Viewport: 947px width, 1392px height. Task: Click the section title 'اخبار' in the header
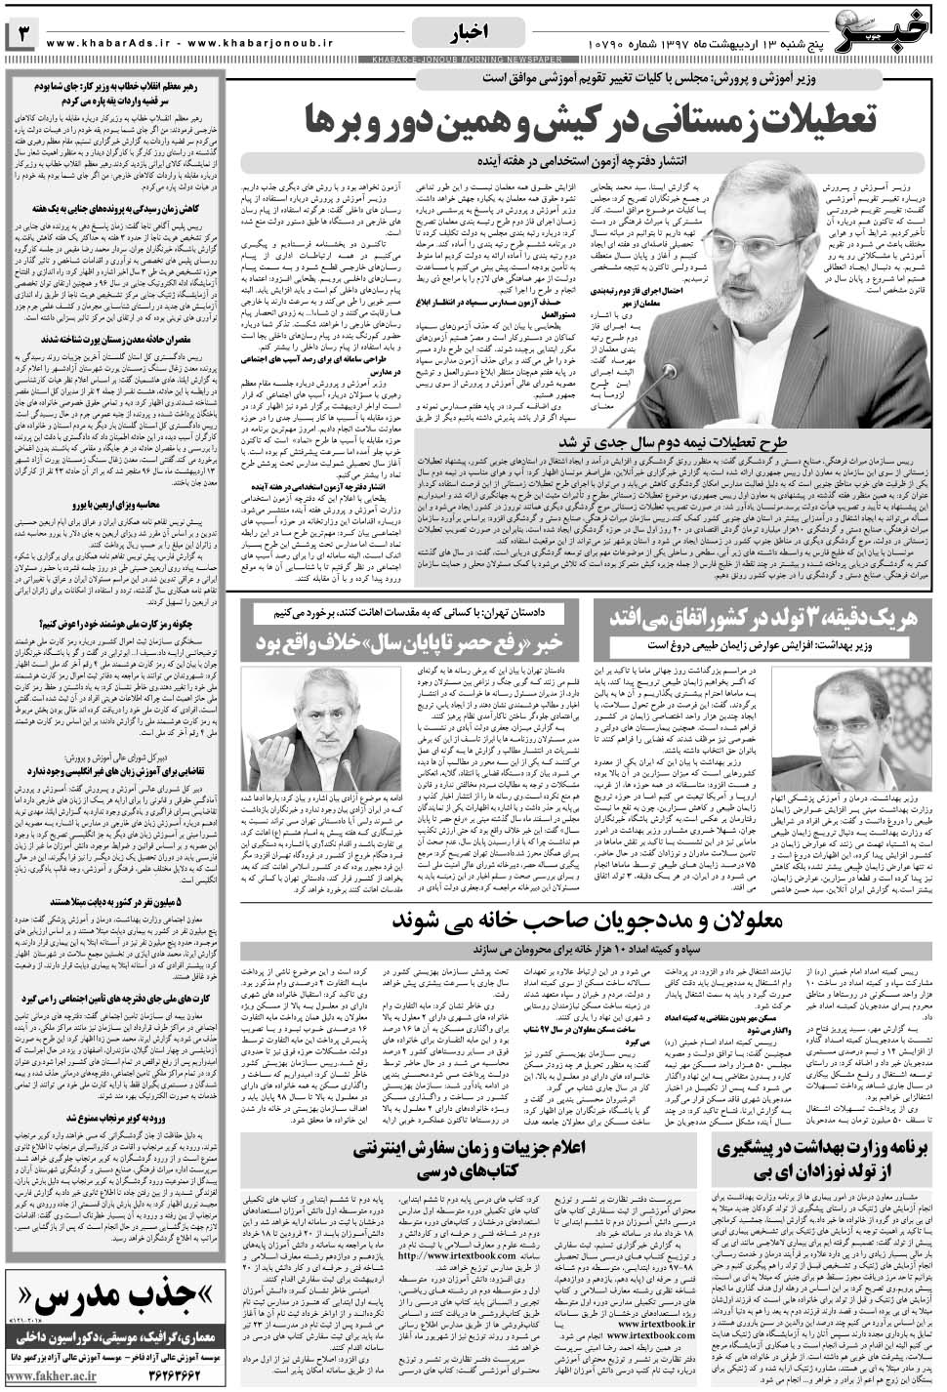tap(471, 34)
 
